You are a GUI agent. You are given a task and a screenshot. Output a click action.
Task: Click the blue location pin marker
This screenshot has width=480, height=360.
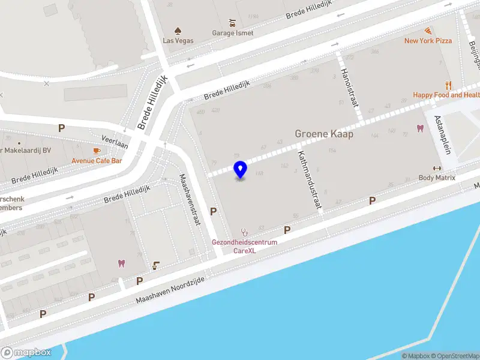(240, 169)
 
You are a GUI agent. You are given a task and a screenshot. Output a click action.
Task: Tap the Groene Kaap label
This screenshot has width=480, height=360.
(324, 134)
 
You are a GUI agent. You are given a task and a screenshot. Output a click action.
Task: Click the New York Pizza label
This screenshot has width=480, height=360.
(428, 41)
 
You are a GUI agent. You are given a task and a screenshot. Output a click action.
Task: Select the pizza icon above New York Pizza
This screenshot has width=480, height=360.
(428, 31)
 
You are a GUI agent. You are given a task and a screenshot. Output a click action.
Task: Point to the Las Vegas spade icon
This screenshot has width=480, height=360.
(178, 31)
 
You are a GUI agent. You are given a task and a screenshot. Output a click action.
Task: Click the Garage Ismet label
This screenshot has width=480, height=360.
(232, 33)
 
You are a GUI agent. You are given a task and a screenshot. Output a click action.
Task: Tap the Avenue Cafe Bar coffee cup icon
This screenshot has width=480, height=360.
(97, 151)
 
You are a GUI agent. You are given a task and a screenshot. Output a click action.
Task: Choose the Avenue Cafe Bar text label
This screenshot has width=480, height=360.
(97, 161)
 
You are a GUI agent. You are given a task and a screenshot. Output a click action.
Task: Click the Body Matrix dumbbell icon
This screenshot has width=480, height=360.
(437, 168)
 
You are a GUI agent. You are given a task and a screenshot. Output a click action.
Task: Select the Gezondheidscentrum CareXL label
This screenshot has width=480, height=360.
(244, 246)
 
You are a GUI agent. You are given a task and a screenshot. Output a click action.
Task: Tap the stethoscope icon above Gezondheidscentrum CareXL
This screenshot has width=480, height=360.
(244, 231)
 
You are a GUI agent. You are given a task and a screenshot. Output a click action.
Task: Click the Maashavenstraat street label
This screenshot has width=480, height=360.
(190, 200)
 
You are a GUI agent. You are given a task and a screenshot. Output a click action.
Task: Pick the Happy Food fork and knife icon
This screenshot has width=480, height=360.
(448, 85)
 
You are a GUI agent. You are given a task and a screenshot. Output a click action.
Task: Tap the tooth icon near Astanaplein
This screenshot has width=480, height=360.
(420, 128)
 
